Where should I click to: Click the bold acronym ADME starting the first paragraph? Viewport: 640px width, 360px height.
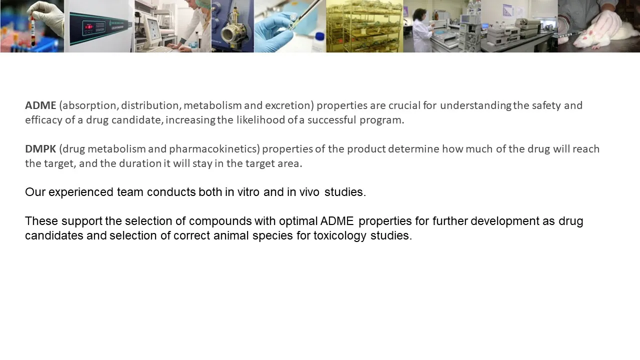[x=40, y=105]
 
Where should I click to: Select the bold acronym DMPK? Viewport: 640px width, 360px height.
[x=40, y=149]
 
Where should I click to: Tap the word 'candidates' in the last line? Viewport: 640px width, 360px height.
[x=54, y=235]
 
